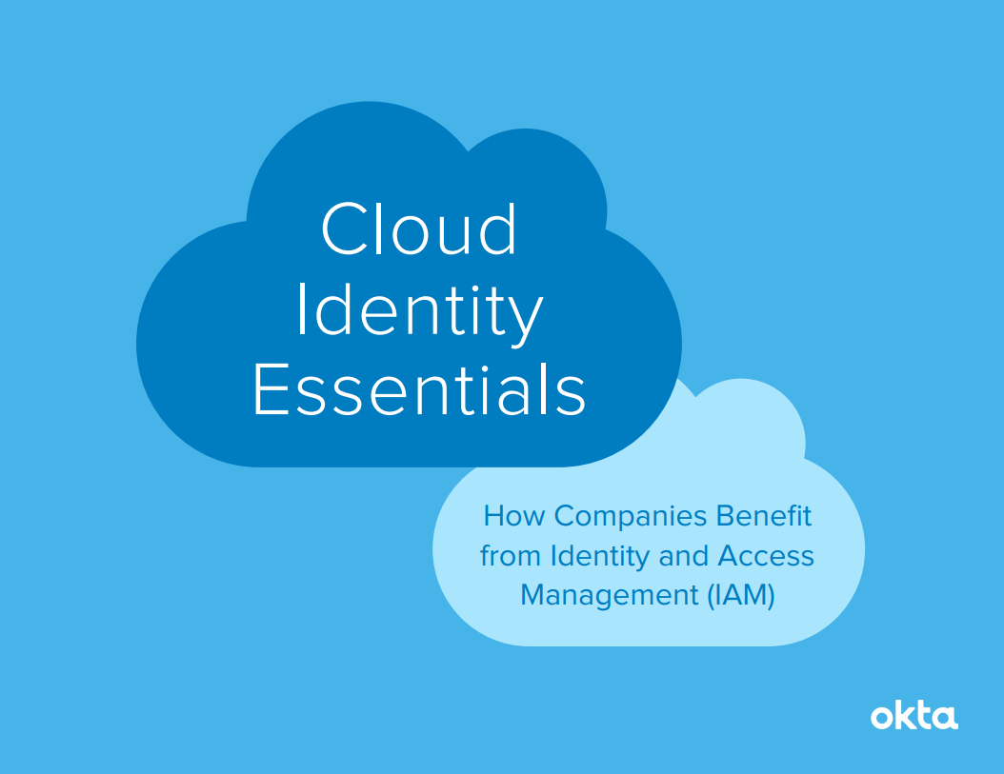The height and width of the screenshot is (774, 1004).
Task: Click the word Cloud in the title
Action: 419,228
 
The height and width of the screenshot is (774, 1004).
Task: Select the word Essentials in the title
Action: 419,389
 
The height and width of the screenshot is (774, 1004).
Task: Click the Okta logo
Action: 914,716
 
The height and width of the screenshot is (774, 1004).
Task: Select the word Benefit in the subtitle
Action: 763,516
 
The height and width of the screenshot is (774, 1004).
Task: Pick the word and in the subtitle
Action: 683,556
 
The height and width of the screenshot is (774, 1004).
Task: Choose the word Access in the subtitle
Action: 766,556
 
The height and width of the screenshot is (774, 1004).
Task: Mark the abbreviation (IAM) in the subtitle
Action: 741,596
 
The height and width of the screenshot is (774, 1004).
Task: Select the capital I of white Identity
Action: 302,309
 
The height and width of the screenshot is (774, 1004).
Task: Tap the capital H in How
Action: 493,516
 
